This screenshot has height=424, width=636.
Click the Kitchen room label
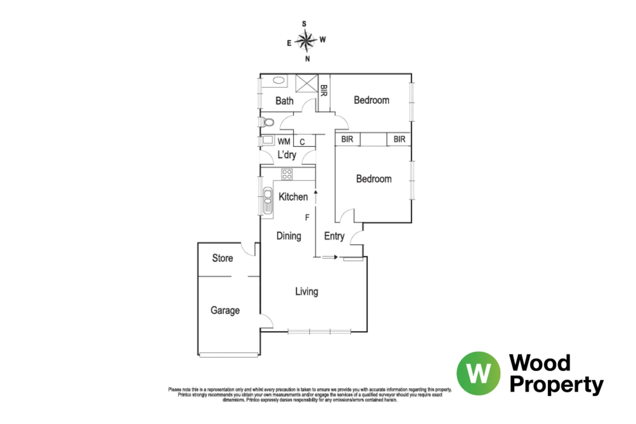point(293,197)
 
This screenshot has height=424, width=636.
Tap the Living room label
point(307,291)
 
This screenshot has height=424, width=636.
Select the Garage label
point(225,310)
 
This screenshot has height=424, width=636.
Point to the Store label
point(223,258)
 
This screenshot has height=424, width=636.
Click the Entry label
point(334,236)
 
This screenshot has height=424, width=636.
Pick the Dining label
point(289,236)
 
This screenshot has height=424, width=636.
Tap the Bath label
point(284,101)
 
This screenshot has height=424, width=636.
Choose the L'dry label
point(287,155)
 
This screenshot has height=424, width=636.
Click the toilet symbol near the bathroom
point(268,122)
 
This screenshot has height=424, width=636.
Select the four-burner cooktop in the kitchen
point(287,174)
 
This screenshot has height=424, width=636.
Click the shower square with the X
point(306,83)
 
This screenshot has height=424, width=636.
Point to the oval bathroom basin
point(278,80)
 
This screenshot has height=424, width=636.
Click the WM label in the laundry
point(284,141)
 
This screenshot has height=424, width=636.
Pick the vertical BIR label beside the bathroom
point(323,91)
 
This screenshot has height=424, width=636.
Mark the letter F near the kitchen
point(307,217)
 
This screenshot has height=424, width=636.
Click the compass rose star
point(306,40)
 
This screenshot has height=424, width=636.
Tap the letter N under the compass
point(307,59)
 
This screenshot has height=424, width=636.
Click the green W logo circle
point(479,373)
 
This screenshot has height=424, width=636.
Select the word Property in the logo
point(556,384)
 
